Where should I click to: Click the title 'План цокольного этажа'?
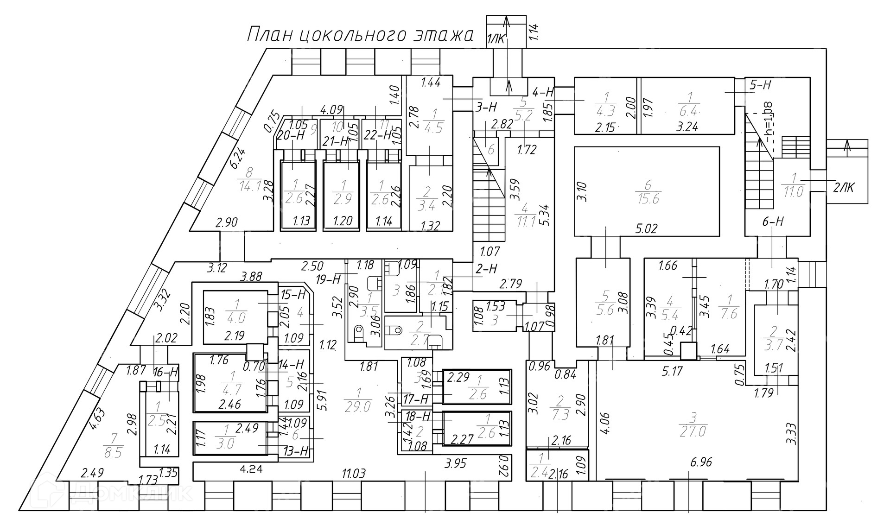360,35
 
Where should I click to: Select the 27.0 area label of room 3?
693,431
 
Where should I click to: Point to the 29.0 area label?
358,406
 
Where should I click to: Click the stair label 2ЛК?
844,188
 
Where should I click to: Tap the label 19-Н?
328,279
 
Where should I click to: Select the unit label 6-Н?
773,222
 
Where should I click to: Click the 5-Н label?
760,85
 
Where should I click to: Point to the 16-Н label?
165,372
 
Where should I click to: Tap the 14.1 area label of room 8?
250,186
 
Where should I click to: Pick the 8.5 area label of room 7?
113,452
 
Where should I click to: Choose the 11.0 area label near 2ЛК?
794,191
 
